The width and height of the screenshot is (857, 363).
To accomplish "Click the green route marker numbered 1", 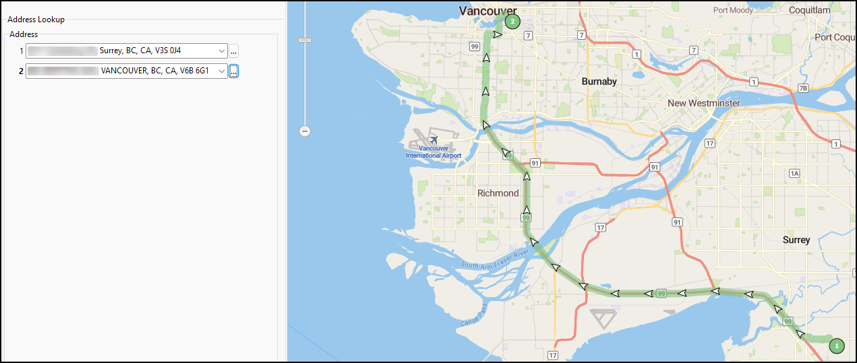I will pos(836,345).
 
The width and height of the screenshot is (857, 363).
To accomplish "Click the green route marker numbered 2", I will pos(512,22).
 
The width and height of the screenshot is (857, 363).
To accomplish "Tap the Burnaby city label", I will pos(599,81).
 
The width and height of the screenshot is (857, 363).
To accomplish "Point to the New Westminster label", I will pos(703,103).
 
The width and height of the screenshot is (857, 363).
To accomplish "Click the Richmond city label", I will pos(498,193).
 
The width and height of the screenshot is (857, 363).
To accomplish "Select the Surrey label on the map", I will pos(796,240).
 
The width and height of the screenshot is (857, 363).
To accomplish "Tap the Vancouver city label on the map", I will pos(487,10).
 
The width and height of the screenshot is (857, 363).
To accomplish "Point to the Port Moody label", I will pos(733,10).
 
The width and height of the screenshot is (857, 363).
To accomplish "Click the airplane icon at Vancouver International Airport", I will pos(434,140).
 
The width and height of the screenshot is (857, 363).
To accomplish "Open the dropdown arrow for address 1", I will pos(222,51).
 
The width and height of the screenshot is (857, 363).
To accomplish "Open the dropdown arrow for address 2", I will pos(222,71).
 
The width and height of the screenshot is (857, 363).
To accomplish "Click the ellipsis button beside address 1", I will pos(233,51).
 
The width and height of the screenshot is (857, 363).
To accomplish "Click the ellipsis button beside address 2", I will pos(233,71).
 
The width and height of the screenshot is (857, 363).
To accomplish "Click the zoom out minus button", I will pos(305,131).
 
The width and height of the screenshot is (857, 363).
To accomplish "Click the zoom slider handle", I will pos(305,40).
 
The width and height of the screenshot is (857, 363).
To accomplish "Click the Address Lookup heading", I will pos(36,20).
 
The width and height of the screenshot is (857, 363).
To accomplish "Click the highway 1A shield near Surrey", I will pos(794,174).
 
